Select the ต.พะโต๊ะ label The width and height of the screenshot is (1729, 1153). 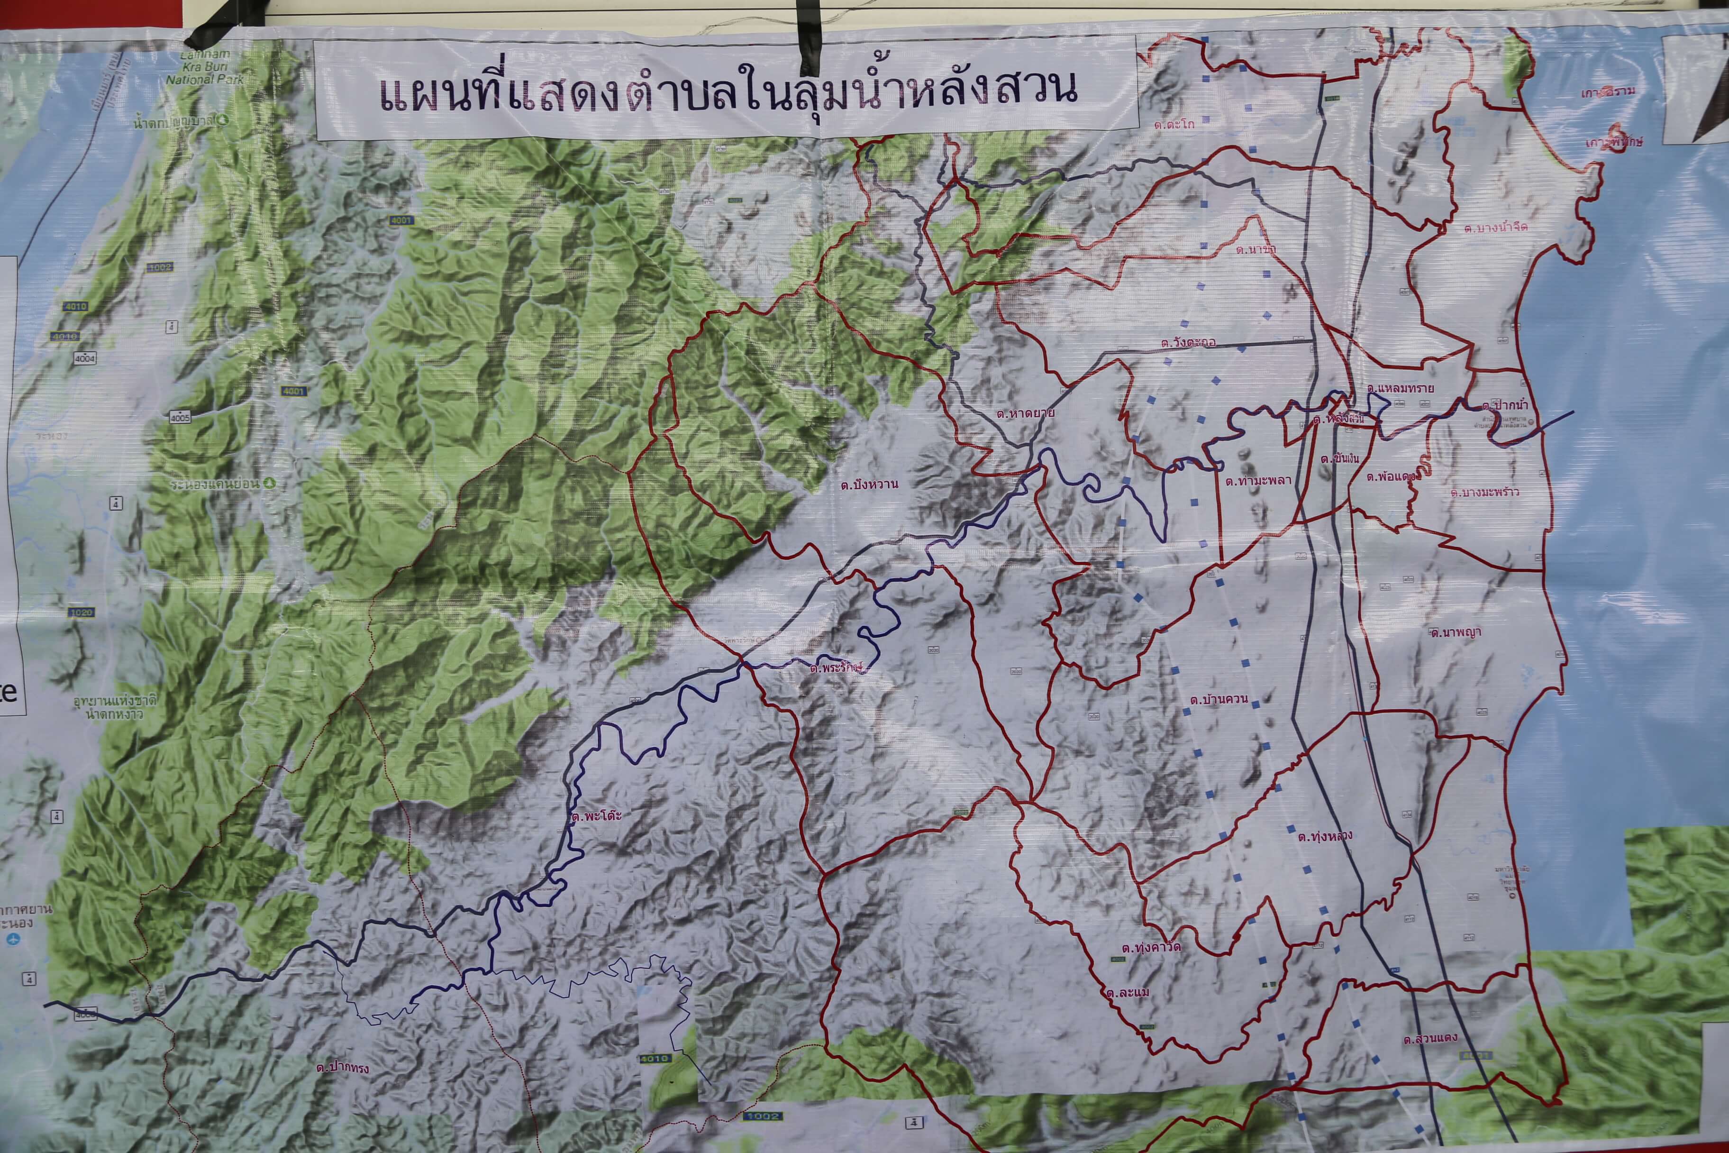[x=596, y=816]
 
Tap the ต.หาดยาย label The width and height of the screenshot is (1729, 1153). [x=1026, y=413]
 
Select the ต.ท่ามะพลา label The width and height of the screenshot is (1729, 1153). [x=1258, y=481]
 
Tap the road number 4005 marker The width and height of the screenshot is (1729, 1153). [x=180, y=418]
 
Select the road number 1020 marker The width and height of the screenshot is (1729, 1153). [x=81, y=612]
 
